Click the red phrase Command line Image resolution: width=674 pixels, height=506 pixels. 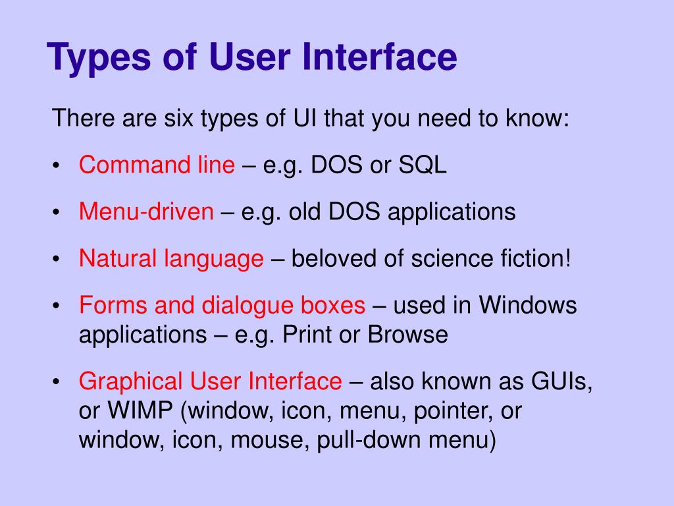tap(157, 165)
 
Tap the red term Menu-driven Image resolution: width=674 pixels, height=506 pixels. tap(146, 212)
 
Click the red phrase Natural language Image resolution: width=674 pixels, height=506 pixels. tap(171, 259)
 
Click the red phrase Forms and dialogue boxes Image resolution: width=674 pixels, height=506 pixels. tap(222, 306)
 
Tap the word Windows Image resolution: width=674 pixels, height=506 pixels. tap(527, 306)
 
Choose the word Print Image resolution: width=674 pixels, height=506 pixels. tap(307, 335)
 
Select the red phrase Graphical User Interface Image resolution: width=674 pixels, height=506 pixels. tap(211, 381)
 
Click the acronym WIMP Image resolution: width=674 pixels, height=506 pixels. tap(139, 410)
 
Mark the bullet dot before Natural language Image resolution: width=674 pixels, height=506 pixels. tap(58, 260)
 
